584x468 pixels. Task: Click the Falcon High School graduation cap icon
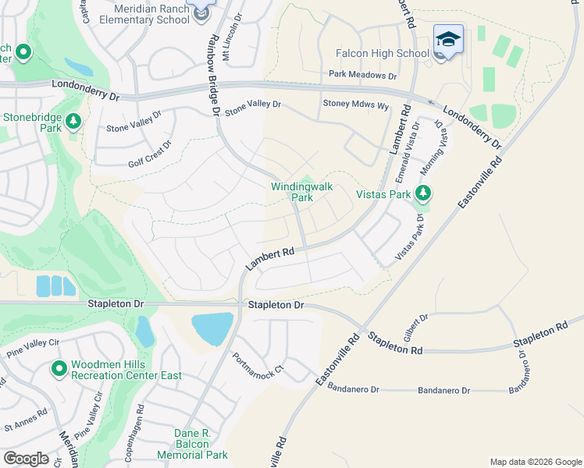tap(449, 39)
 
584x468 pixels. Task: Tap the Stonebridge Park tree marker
tap(73, 121)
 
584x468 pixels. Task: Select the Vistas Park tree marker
tap(423, 193)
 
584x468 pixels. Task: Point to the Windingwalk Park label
tap(292, 192)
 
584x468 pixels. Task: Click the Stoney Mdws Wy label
tap(355, 105)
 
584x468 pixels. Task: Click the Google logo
tap(26, 459)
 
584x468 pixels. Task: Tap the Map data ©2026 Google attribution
tap(535, 462)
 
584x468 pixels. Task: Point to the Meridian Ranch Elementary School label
tap(151, 13)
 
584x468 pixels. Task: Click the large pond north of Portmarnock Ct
tap(212, 328)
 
